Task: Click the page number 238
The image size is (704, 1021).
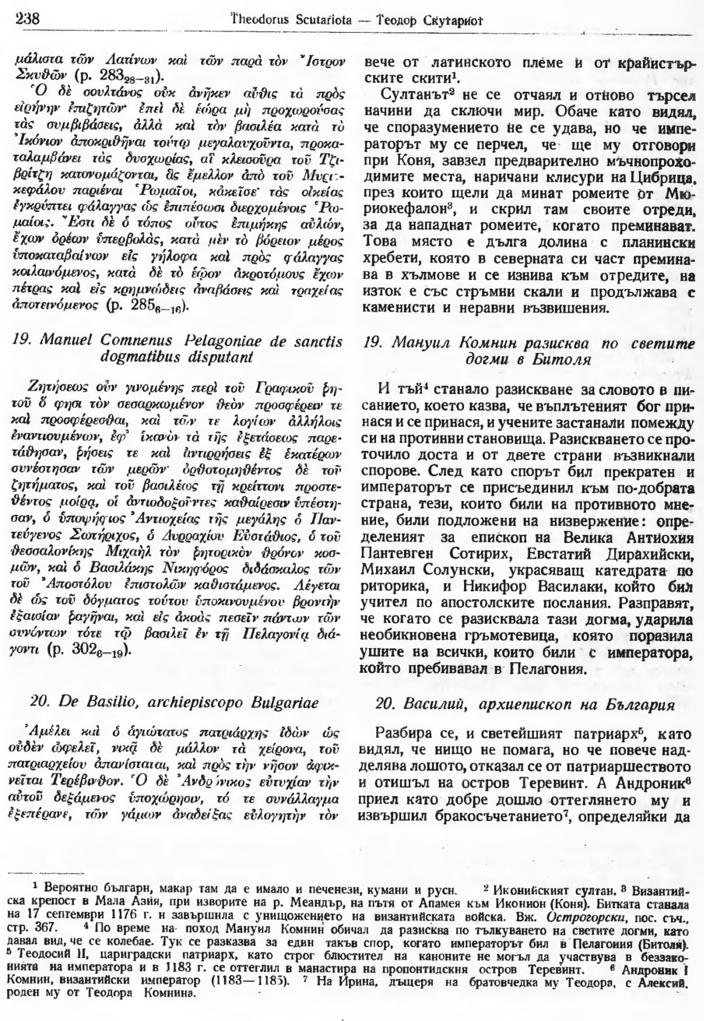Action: point(23,19)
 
